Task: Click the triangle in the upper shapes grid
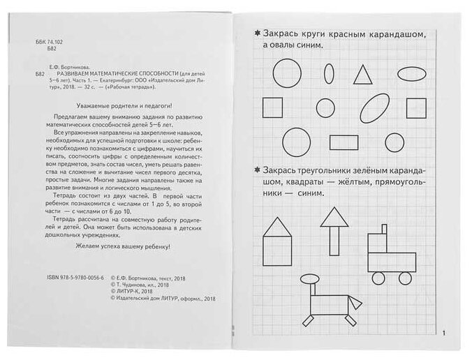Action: [x=362, y=74]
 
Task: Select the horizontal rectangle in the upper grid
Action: [x=342, y=142]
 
